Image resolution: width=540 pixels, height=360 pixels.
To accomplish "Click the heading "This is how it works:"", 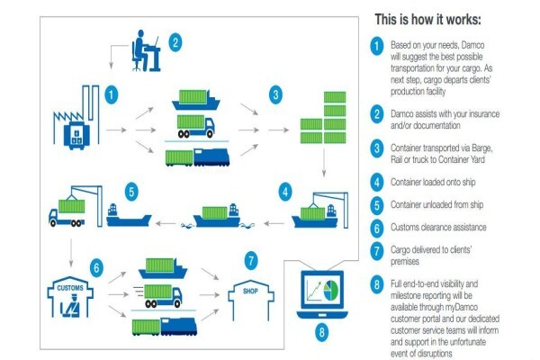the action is click(x=427, y=19).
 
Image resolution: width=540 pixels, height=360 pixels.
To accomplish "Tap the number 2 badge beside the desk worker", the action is click(x=175, y=42).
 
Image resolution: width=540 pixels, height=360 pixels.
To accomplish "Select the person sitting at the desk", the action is click(x=140, y=50).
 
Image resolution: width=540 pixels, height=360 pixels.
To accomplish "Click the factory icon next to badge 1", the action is click(x=76, y=117).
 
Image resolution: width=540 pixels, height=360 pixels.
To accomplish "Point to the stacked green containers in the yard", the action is click(x=323, y=117).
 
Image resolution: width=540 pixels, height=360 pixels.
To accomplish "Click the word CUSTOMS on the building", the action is click(x=70, y=288).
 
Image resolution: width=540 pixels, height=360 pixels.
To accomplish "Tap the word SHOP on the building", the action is click(x=250, y=291).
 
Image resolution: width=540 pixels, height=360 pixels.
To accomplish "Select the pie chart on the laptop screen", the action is click(x=331, y=290).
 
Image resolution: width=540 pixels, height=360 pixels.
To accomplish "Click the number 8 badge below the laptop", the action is click(x=321, y=332).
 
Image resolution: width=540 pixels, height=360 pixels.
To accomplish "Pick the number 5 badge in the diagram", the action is click(x=131, y=193).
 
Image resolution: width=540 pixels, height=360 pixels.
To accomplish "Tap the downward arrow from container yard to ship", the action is click(x=324, y=163).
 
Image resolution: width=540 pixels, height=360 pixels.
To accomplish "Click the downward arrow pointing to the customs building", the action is click(x=71, y=253).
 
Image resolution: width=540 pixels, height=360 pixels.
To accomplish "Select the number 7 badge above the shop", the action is click(x=251, y=261).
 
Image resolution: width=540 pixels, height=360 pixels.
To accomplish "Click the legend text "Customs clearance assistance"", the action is click(x=438, y=228).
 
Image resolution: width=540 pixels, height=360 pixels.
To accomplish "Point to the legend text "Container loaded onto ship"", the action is click(x=433, y=182).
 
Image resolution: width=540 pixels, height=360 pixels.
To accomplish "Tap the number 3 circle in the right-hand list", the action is click(x=377, y=148).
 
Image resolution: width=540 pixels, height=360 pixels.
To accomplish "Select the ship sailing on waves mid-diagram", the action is click(x=217, y=216).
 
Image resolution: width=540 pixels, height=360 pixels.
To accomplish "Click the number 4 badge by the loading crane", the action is click(x=285, y=193).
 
